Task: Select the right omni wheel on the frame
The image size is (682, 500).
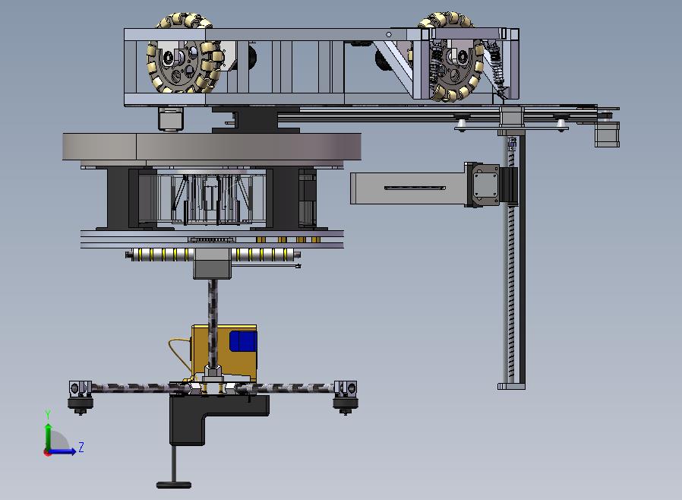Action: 453,56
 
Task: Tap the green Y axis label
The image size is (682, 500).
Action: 48,414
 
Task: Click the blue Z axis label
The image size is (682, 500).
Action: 81,447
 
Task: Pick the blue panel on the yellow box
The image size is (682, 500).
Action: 243,341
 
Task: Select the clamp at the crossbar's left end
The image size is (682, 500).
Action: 81,396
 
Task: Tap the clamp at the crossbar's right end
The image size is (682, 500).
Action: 346,396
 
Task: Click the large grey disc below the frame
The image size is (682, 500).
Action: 211,147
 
